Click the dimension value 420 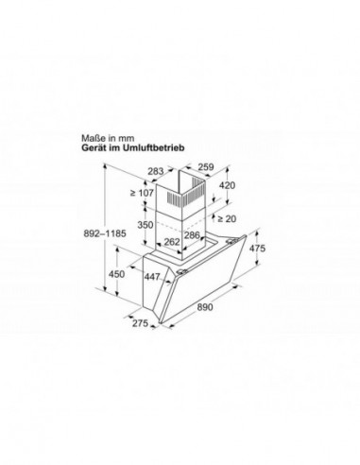tap(226, 186)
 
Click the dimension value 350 tap(146, 226)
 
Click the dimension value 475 tap(257, 248)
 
